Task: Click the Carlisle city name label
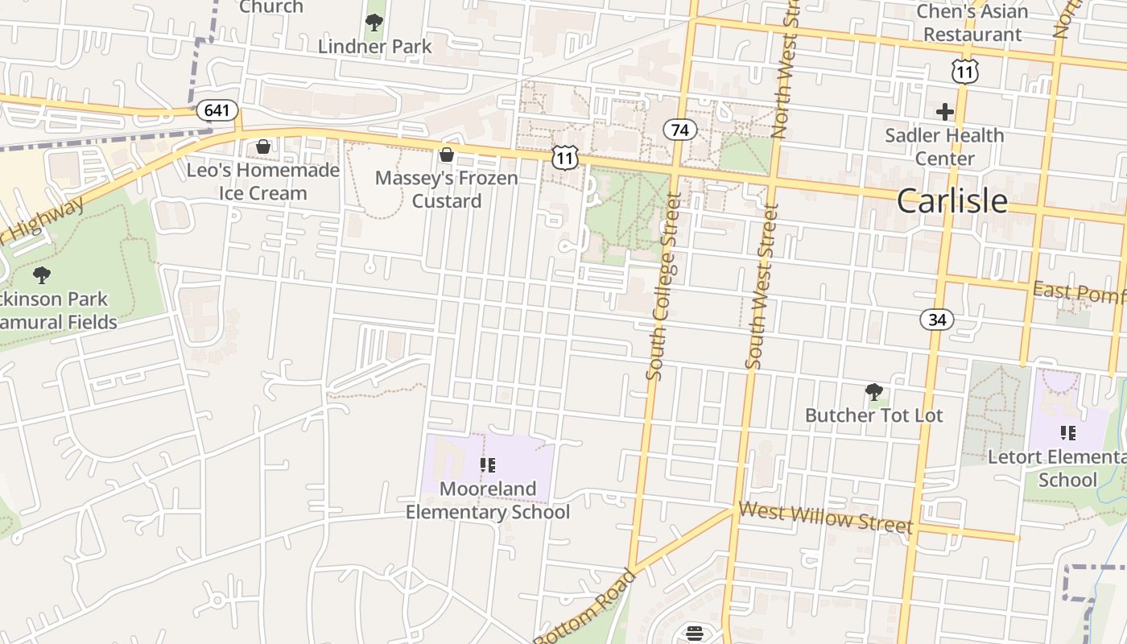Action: tap(952, 201)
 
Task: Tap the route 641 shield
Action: tap(217, 110)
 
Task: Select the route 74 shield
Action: tap(680, 130)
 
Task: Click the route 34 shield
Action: tap(937, 320)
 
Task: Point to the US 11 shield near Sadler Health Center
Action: tap(964, 72)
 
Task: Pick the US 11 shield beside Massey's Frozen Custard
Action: tap(565, 157)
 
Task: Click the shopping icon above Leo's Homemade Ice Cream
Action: tap(263, 147)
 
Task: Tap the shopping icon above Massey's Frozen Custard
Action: tap(447, 154)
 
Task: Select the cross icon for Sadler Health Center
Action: tap(945, 112)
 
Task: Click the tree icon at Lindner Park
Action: tap(374, 23)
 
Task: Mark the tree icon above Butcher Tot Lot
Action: tap(873, 392)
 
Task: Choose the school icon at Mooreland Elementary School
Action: tap(487, 464)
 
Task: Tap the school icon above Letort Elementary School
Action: tap(1068, 433)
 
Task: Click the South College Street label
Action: tap(663, 287)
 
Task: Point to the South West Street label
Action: tap(761, 287)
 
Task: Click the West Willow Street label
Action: tap(825, 517)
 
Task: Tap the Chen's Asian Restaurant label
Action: tap(972, 23)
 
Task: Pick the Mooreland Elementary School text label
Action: tap(488, 501)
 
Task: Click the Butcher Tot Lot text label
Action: tap(873, 415)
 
